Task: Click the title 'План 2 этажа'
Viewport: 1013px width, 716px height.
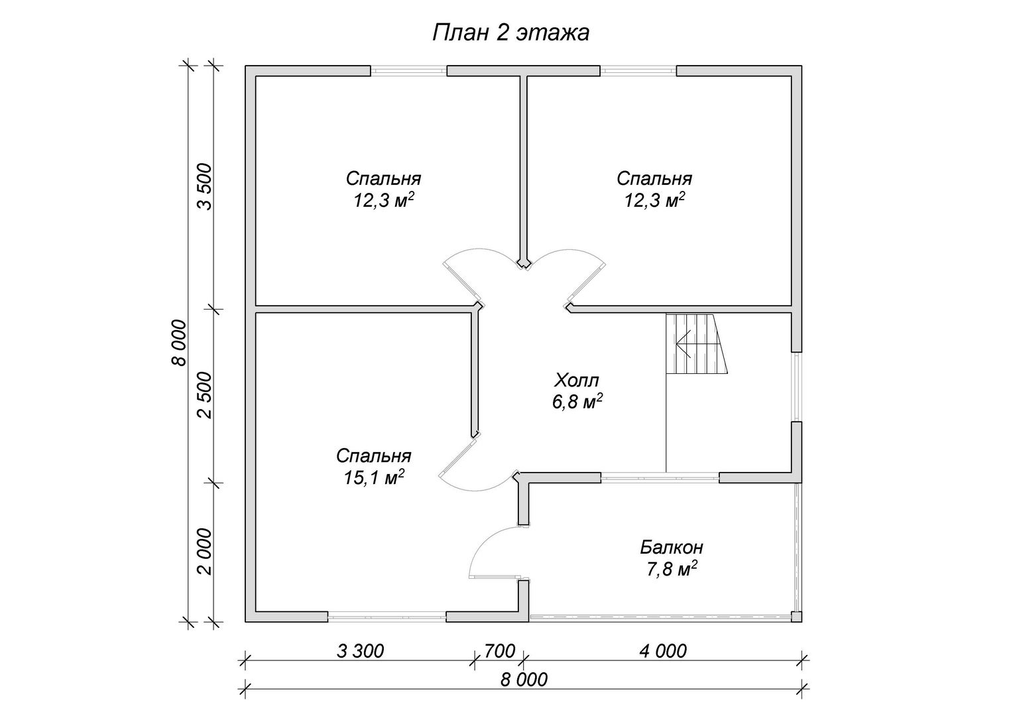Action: tap(510, 33)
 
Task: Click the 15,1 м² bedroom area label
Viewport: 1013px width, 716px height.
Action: tap(374, 478)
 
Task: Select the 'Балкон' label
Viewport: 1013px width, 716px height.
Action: tap(672, 548)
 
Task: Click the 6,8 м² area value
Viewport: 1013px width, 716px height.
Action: tap(577, 402)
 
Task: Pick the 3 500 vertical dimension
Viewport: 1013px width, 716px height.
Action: tap(205, 186)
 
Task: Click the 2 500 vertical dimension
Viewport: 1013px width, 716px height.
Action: tap(205, 395)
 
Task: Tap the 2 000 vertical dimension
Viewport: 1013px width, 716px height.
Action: tap(205, 552)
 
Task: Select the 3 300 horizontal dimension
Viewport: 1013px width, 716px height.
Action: tap(361, 651)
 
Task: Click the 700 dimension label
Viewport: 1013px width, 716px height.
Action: tap(500, 651)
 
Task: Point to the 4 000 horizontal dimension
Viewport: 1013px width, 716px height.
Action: tap(663, 651)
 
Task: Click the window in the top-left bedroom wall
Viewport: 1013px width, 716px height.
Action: tap(409, 70)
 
